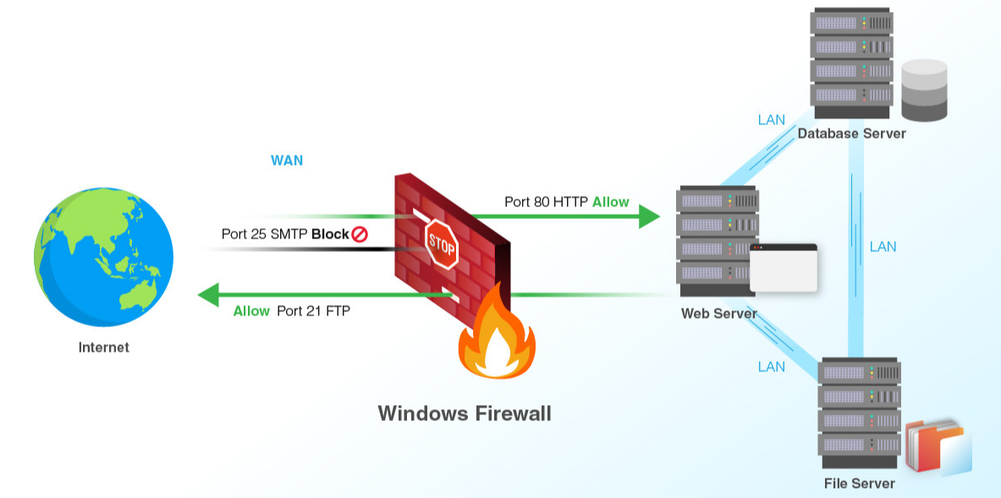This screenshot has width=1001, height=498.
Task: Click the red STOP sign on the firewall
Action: point(442,244)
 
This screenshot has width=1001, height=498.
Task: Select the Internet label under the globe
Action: point(103,348)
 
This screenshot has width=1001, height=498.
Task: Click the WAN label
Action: point(287,160)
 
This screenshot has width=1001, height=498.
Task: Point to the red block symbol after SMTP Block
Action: point(360,234)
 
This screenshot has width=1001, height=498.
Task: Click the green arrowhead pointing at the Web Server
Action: point(649,216)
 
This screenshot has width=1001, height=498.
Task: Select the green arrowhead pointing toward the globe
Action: point(209,294)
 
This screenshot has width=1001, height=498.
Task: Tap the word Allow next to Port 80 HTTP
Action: point(611,202)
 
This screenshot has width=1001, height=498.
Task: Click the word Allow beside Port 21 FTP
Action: point(251,311)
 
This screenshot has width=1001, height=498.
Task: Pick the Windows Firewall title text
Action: point(464,413)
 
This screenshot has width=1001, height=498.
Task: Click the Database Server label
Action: point(851,134)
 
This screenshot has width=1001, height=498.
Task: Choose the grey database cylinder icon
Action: point(924,90)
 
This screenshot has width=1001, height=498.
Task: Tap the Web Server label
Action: point(719,314)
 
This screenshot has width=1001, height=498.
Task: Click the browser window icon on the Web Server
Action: point(784,268)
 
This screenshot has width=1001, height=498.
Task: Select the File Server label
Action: point(860,484)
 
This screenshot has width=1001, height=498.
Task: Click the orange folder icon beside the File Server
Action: point(938,447)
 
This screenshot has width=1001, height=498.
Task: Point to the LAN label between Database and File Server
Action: point(883,247)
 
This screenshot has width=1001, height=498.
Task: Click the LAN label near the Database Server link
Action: point(772,120)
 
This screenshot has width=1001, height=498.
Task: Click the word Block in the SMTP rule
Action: point(330,234)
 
